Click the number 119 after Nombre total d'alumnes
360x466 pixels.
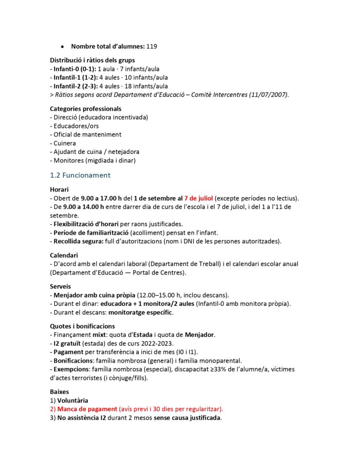point(152,46)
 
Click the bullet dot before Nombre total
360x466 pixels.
point(62,47)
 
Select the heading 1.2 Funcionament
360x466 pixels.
point(80,175)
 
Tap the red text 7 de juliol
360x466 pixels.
point(198,198)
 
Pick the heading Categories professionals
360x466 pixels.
point(86,109)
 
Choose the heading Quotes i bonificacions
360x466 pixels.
point(82,326)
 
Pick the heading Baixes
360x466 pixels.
point(59,391)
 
